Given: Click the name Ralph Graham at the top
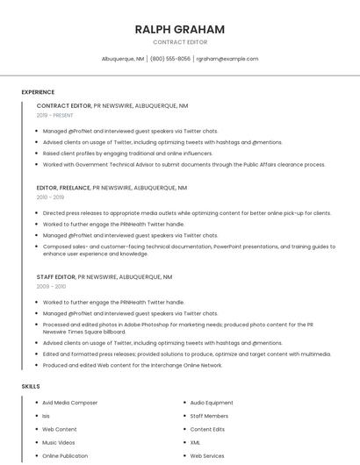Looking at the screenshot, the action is click(180, 29).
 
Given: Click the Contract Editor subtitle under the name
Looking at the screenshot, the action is click(180, 42).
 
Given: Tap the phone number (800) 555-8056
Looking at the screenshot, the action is click(170, 59).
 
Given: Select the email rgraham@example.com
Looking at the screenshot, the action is click(227, 59).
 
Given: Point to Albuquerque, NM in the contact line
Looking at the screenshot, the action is click(123, 59).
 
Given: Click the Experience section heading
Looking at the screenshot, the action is click(38, 92).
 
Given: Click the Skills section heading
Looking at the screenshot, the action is click(31, 386).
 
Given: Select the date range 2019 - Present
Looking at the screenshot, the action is click(55, 115).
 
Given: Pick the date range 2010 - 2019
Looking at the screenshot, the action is click(51, 197).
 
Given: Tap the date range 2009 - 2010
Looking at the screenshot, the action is click(51, 286).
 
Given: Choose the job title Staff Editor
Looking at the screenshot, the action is click(56, 277).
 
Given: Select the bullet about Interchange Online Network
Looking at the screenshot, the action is click(133, 365).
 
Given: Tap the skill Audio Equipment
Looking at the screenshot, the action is click(212, 403).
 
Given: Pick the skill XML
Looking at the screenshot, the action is click(196, 443).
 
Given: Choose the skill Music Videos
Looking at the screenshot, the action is click(60, 443).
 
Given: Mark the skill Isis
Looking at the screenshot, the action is click(47, 416).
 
